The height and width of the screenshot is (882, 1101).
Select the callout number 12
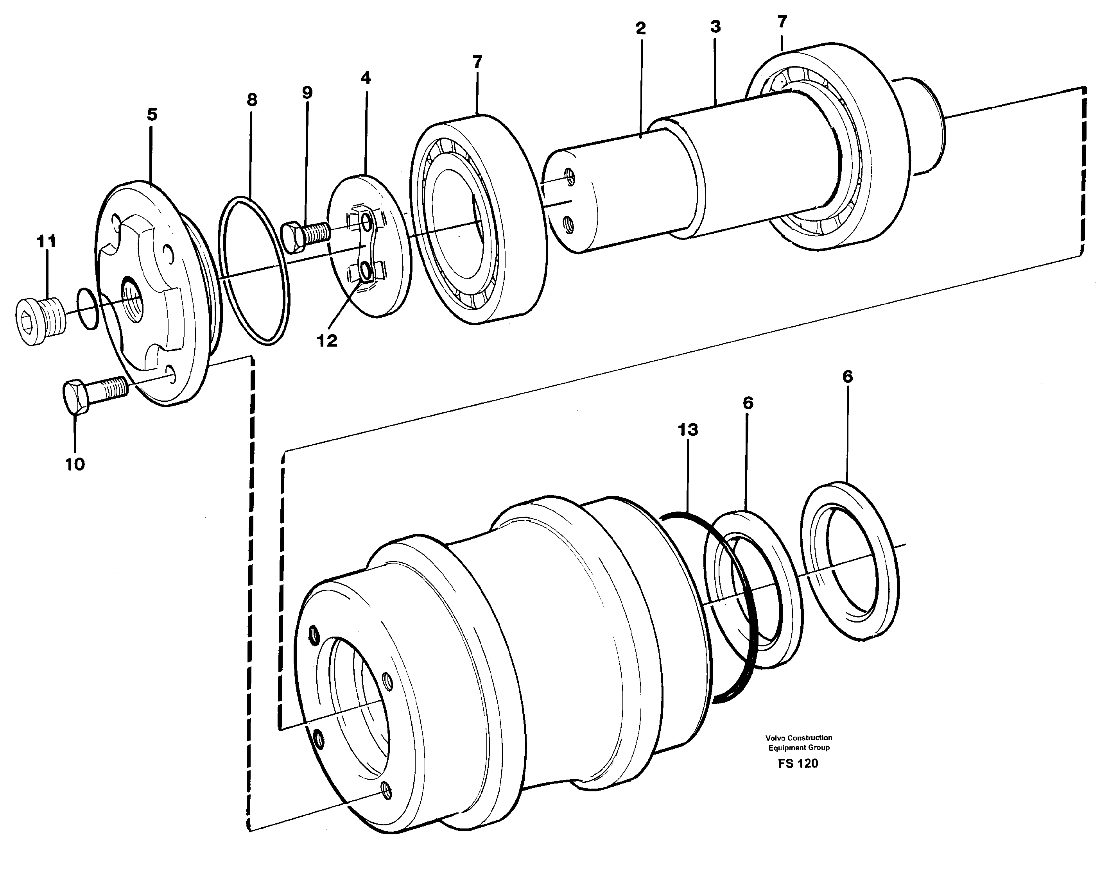(327, 340)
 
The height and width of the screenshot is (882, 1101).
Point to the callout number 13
(687, 430)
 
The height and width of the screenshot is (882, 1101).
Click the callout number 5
(152, 114)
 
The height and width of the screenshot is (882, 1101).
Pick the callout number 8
(251, 100)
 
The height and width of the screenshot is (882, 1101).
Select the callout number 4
(365, 78)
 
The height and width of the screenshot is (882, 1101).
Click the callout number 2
(640, 29)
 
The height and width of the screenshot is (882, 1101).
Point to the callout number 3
(715, 27)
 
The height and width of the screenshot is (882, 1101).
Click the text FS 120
(798, 764)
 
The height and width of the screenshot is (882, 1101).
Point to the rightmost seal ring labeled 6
(849, 560)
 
